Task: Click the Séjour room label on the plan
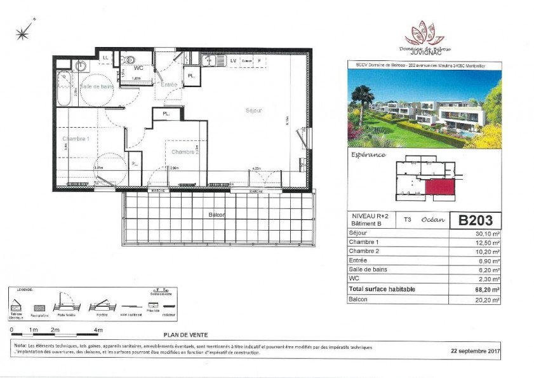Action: pos(253,111)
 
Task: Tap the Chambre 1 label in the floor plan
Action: pos(76,138)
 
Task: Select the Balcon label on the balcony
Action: pos(217,215)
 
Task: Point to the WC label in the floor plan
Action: pos(138,67)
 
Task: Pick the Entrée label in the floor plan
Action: pos(169,84)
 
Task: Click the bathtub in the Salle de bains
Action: pos(64,90)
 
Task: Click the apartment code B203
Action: pos(475,220)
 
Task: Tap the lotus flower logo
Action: pos(425,33)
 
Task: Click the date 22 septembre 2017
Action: pos(476,350)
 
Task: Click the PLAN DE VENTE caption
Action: pos(185,335)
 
